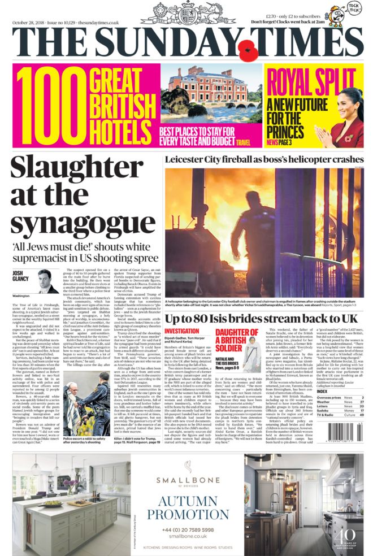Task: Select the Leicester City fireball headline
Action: [x=264, y=159]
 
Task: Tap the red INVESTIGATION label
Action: [x=182, y=331]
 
